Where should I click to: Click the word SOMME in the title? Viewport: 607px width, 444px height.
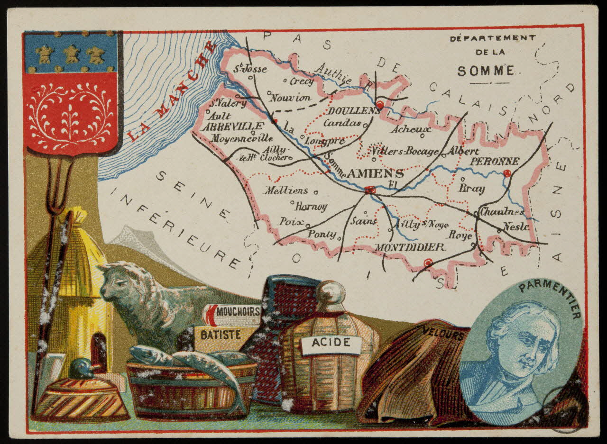point(486,71)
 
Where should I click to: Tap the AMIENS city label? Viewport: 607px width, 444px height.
point(375,174)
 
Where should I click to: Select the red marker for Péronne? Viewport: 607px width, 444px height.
point(507,173)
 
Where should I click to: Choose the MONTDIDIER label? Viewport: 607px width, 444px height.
point(410,247)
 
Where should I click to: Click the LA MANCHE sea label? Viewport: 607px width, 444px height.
point(172,92)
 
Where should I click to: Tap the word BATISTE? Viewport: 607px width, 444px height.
point(220,335)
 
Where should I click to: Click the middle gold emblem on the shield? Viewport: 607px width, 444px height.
point(71,54)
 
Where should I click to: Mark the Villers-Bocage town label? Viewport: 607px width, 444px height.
point(405,151)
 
